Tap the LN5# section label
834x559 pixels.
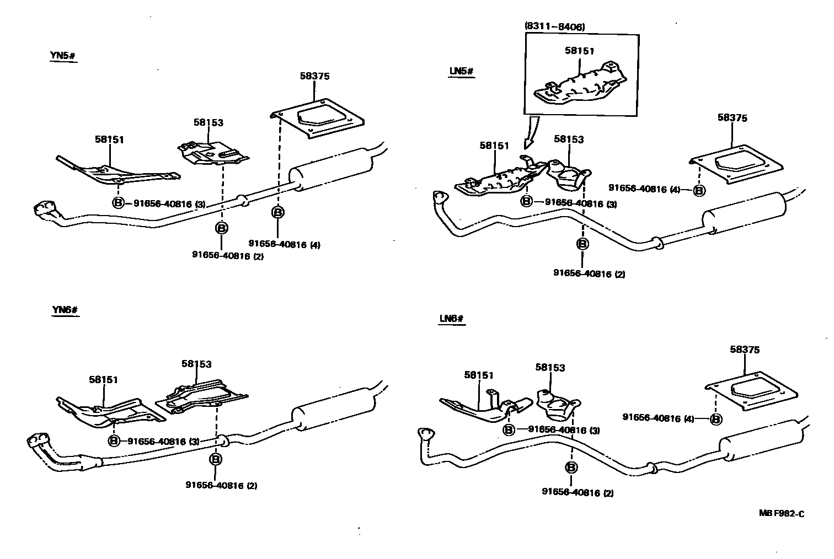coord(461,72)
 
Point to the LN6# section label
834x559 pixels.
coord(452,319)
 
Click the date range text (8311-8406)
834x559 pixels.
coord(554,26)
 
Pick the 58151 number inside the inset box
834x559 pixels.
coord(579,51)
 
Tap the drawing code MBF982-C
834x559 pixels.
coord(781,513)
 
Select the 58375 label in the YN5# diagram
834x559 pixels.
coord(314,76)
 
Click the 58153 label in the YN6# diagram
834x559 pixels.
coord(196,364)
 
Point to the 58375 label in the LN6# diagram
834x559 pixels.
coord(745,350)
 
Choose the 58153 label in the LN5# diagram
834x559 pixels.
coord(568,139)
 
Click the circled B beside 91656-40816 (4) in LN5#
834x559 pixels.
coord(699,190)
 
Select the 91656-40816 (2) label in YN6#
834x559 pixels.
coord(221,486)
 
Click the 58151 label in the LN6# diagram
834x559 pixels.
coord(479,375)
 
